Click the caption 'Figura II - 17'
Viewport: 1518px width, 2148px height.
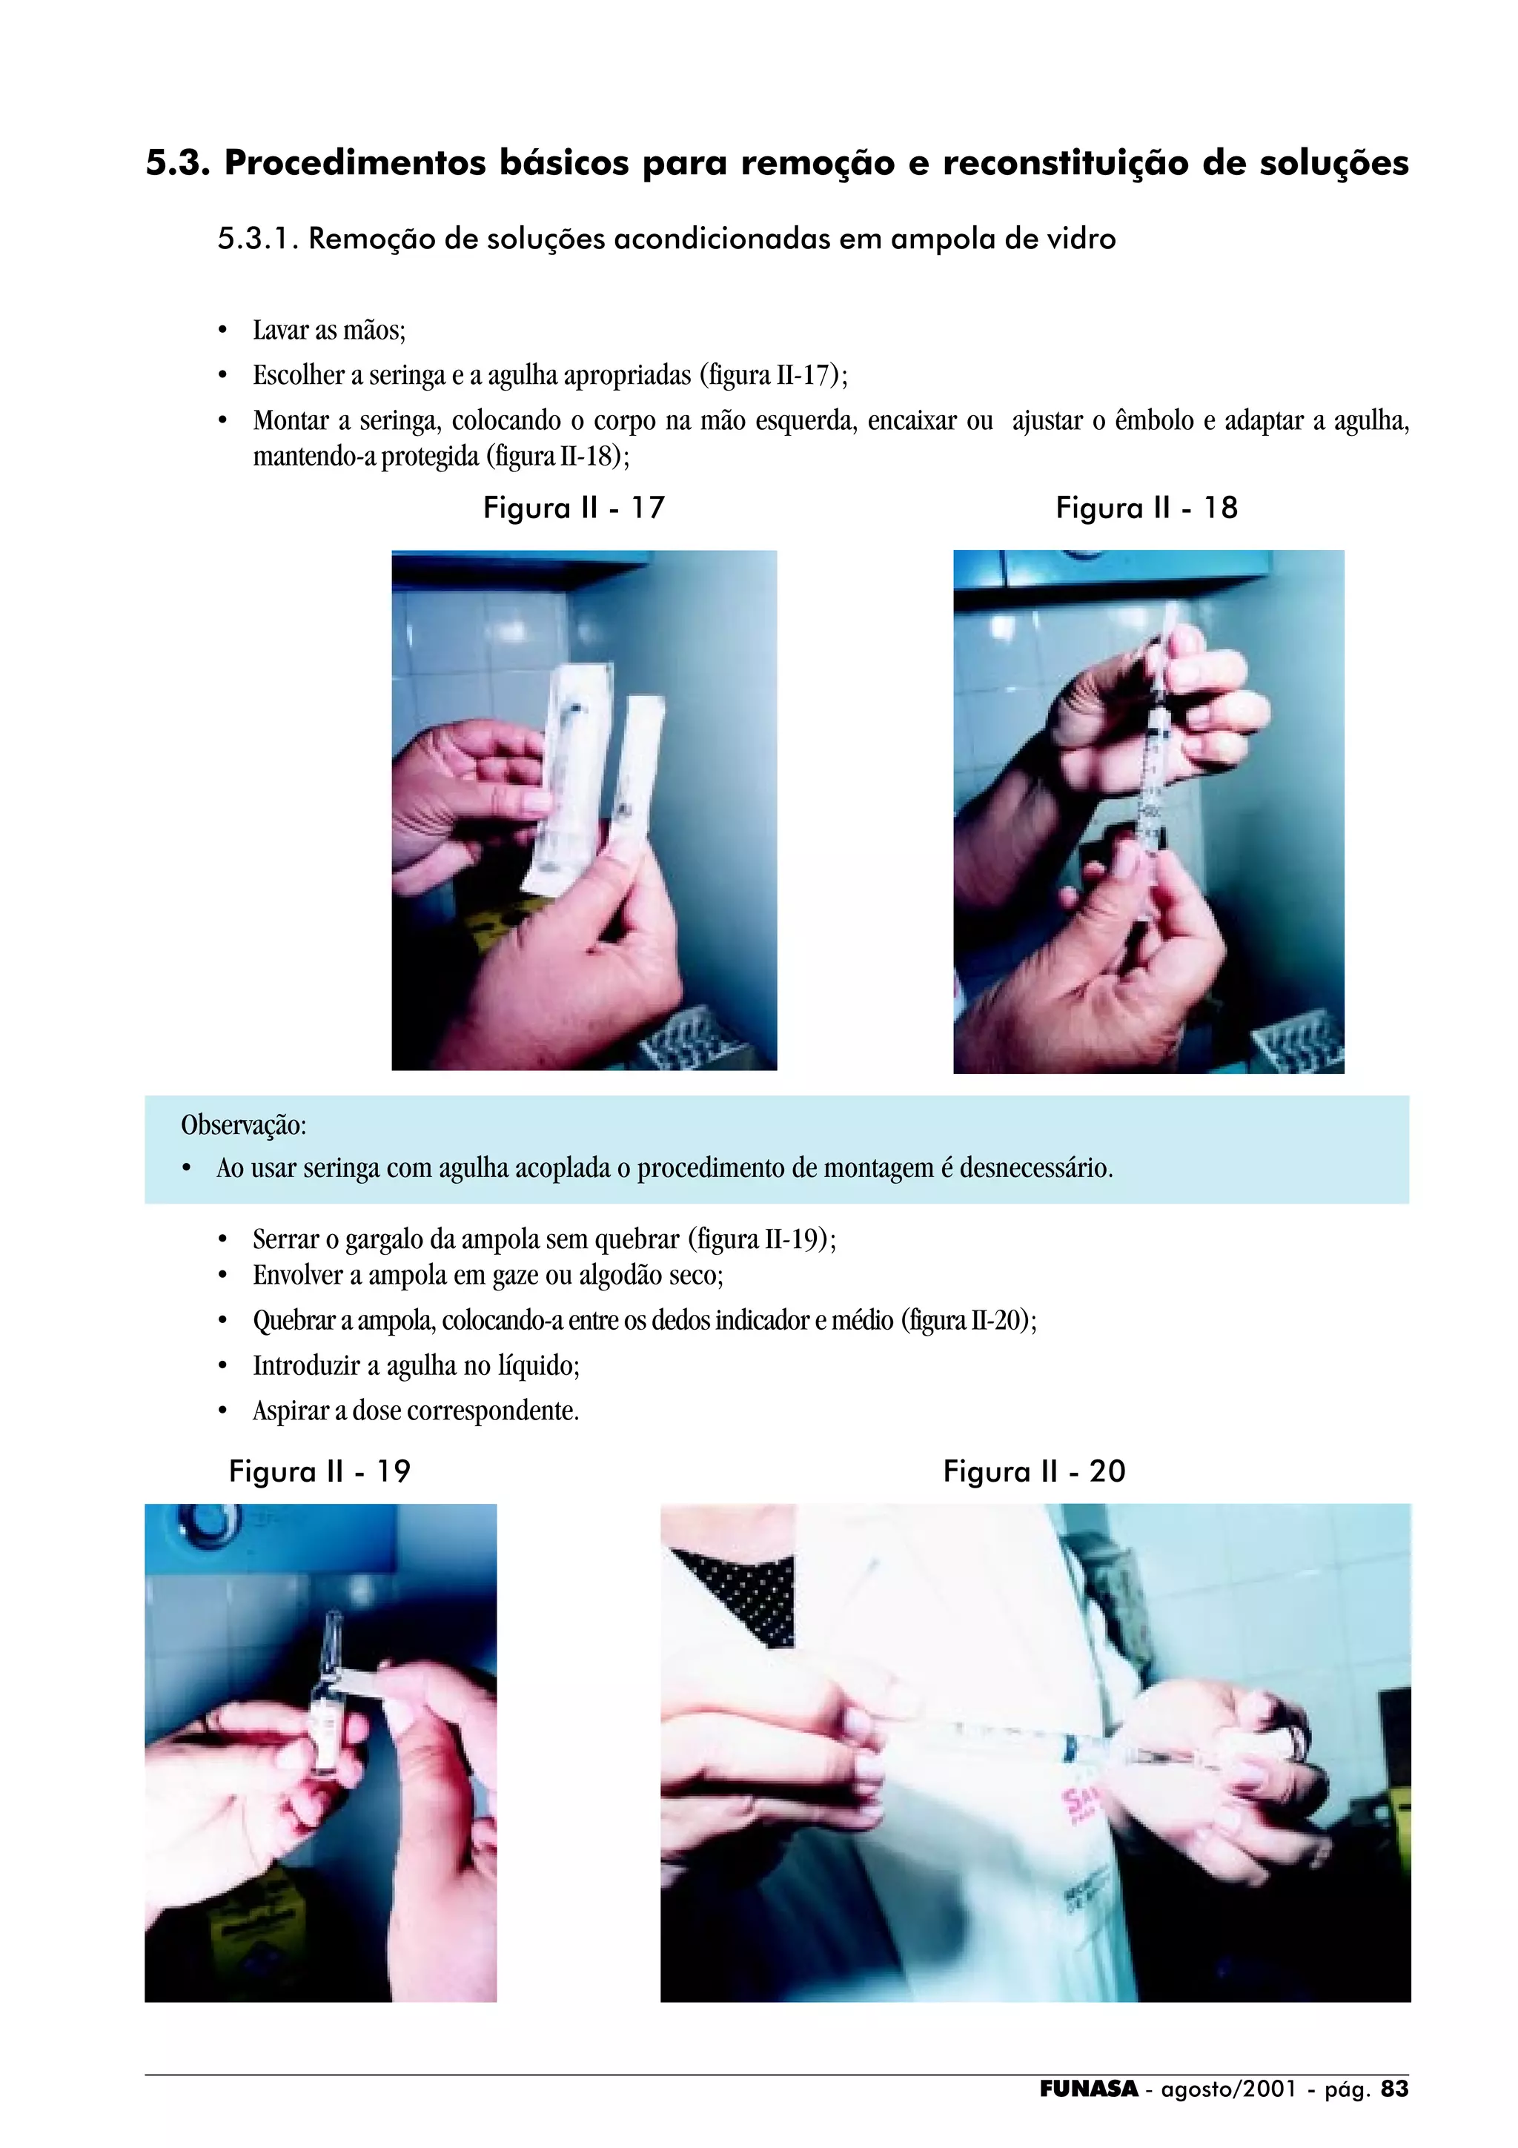(x=574, y=508)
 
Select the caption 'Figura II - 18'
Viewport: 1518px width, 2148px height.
(x=1147, y=508)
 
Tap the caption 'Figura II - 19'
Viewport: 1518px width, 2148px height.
(x=320, y=1471)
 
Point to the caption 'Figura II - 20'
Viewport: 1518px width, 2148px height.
(x=1035, y=1471)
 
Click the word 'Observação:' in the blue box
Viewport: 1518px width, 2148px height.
(x=243, y=1125)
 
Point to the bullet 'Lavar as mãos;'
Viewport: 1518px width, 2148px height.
(x=329, y=331)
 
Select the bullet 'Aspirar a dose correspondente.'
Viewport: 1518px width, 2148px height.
(x=417, y=1411)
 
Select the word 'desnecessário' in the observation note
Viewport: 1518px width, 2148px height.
(x=1035, y=1168)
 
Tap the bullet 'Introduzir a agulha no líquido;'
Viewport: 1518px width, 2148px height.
(x=417, y=1366)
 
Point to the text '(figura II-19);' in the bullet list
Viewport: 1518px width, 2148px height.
(x=762, y=1241)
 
